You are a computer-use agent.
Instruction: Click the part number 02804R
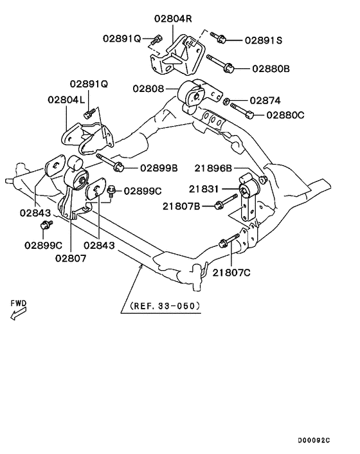click(x=173, y=19)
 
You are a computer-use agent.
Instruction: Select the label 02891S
click(x=263, y=39)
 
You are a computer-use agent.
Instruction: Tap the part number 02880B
click(x=271, y=67)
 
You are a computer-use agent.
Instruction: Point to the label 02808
click(x=148, y=88)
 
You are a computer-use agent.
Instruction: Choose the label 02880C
click(x=282, y=115)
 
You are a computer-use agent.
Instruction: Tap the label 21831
click(x=204, y=190)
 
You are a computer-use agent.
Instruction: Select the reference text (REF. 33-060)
click(x=165, y=305)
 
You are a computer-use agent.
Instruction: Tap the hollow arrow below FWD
click(x=17, y=313)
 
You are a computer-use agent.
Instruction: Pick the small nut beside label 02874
click(x=228, y=100)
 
